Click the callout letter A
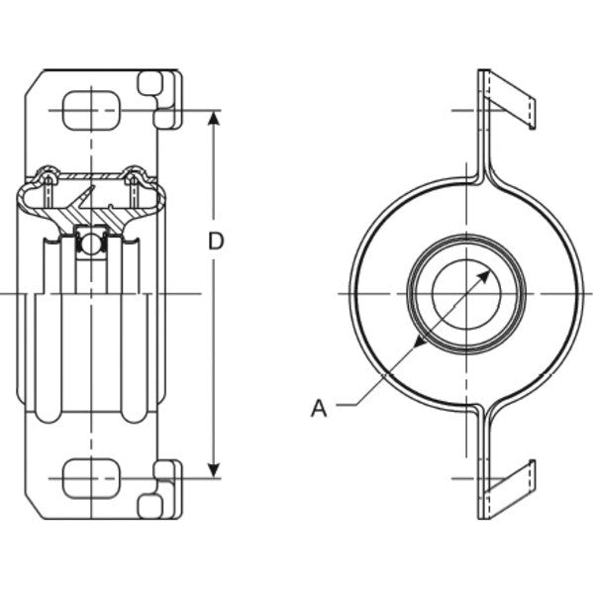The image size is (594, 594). (x=318, y=407)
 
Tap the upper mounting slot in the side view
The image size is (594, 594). (x=91, y=109)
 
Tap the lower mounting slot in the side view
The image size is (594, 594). (x=91, y=479)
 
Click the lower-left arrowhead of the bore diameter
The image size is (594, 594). (x=419, y=341)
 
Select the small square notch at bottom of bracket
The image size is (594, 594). (x=150, y=507)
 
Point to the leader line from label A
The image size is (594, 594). (x=366, y=396)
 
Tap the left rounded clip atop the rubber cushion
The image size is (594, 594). (x=45, y=178)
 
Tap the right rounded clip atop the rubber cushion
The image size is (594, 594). (x=139, y=178)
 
